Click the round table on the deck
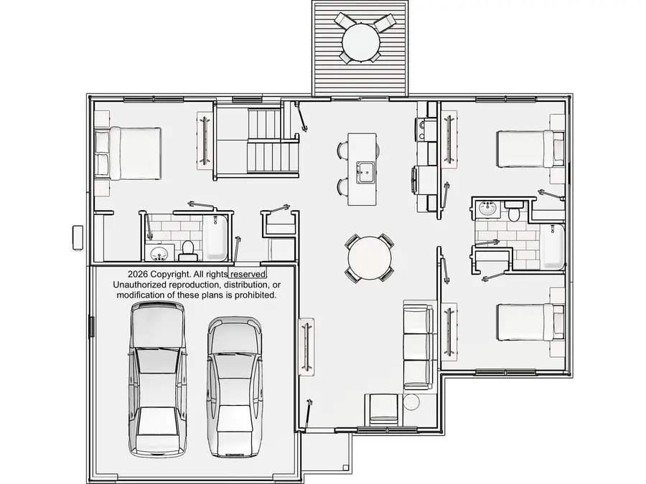pos(360,42)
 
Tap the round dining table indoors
pos(370,258)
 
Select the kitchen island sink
pos(365,172)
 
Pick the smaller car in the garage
pos(235,387)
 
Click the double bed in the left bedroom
pos(128,153)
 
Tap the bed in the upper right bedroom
pos(530,148)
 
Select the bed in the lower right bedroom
pos(530,322)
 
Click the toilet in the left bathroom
pos(188,251)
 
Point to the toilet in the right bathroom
pos(513,210)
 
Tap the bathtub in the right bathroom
pos(552,247)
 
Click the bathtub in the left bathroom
pos(215,237)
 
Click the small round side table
pos(411,402)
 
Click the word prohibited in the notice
pos(256,295)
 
